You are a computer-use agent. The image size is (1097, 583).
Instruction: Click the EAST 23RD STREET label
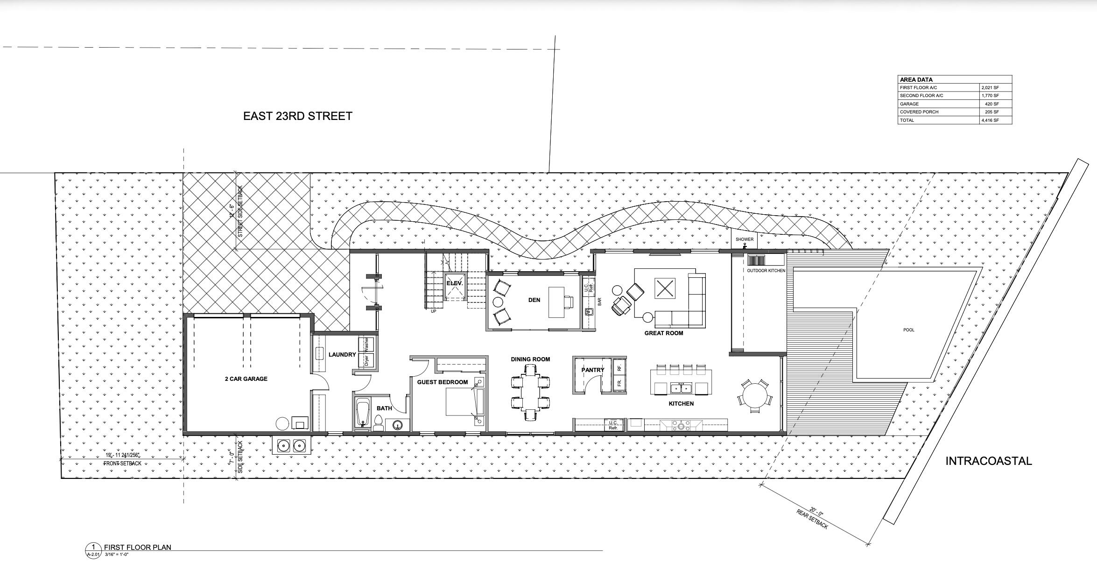[297, 116]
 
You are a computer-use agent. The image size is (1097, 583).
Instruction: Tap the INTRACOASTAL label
[988, 461]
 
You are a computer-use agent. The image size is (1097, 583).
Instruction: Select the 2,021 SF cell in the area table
[989, 88]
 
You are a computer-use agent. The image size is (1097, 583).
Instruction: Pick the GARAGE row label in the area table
[909, 104]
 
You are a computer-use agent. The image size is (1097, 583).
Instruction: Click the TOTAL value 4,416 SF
[989, 120]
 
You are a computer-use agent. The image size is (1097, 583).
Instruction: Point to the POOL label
[908, 330]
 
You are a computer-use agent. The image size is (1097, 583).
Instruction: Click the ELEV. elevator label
[454, 283]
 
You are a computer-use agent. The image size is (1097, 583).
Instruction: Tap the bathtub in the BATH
[362, 412]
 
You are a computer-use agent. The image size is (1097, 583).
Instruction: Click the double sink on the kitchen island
[681, 388]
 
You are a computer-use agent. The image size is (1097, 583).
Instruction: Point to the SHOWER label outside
[744, 239]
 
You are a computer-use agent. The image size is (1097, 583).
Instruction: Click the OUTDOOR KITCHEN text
[766, 271]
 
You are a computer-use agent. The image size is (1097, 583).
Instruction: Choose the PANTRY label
[592, 370]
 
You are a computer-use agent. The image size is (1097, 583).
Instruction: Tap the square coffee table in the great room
[665, 288]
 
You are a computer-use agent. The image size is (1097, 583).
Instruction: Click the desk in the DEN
[556, 302]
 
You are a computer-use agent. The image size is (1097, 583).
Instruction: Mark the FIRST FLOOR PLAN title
[137, 547]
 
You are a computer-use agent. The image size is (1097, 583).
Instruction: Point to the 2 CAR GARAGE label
[246, 379]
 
